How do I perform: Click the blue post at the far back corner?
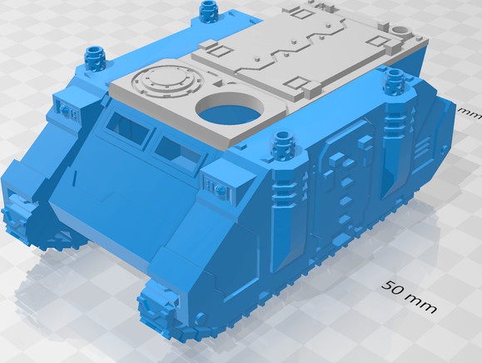(207, 12)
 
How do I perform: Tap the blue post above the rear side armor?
(393, 81)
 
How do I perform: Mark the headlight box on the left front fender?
(66, 107)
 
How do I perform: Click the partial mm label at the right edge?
(472, 112)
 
